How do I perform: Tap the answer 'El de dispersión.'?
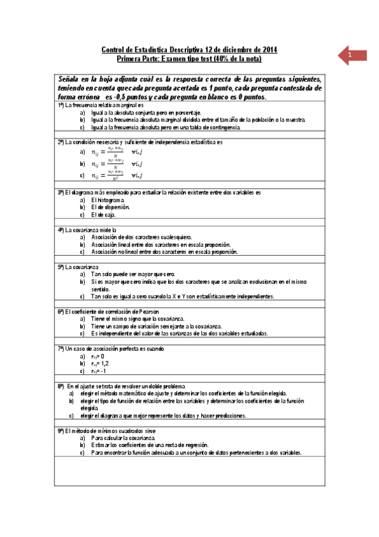[x=111, y=207]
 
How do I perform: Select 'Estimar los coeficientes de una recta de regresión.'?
[x=149, y=445]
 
